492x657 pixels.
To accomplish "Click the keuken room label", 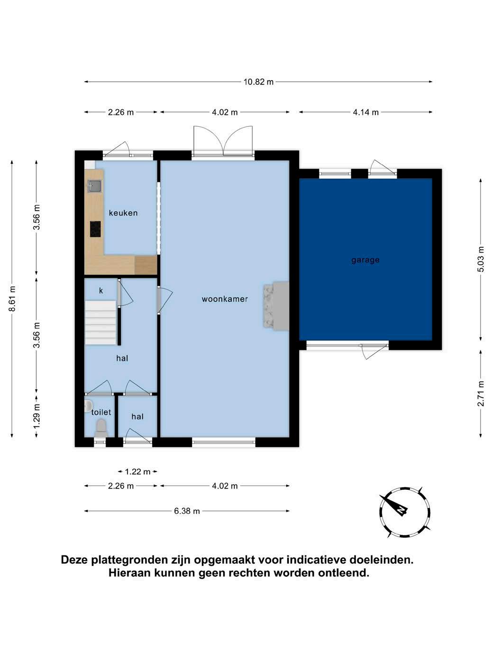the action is pos(123,213).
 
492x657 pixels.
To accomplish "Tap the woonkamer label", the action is pos(225,299).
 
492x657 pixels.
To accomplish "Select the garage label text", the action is pos(365,260).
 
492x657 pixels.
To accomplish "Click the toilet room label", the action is pos(101,412).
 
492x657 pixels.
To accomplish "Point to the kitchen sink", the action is pos(95,186).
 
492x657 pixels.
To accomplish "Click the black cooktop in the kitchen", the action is pos(95,229).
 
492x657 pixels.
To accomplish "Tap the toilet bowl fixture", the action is pos(100,428).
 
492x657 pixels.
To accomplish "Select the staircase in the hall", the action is pos(100,323).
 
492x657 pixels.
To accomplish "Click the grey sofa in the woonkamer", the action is pos(276,306).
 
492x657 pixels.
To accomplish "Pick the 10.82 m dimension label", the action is pos(258,82).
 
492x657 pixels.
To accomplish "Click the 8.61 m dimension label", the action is pos(12,299).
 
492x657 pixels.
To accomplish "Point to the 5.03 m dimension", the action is pos(481,259).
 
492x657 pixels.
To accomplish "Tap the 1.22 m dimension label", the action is pos(137,472).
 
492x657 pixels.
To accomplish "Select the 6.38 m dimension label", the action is pos(187,511).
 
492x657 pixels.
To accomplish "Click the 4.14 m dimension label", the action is pos(365,112).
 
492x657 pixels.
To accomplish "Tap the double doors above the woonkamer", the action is pos(223,141).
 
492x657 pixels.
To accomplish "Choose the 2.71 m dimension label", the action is pos(481,394).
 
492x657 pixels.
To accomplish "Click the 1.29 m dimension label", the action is pos(36,416).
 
